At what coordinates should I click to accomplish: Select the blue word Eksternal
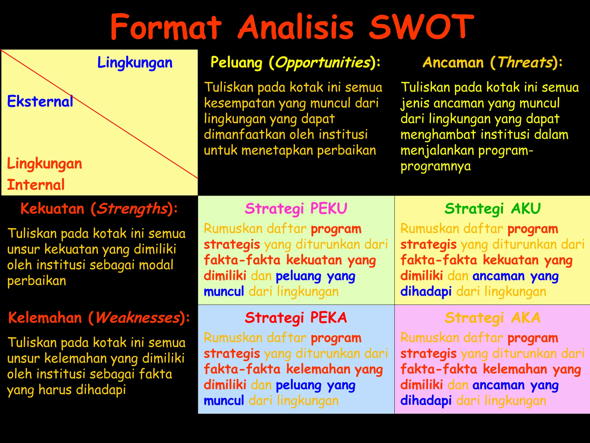[x=40, y=102]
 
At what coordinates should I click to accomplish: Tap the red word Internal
[x=36, y=185]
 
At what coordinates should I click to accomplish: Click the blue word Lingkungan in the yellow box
[x=135, y=63]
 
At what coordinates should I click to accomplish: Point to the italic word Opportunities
[x=323, y=63]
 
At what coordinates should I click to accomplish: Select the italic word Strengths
[x=132, y=209]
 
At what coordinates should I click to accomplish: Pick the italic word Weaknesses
[x=138, y=318]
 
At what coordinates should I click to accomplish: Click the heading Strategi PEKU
[x=296, y=209]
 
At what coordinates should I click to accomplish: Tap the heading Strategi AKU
[x=493, y=209]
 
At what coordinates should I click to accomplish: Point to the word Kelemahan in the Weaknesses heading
[x=45, y=318]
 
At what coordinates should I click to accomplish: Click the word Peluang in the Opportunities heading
[x=236, y=63]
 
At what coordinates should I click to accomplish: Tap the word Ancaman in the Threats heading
[x=453, y=63]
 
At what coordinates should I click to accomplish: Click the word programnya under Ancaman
[x=436, y=166]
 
